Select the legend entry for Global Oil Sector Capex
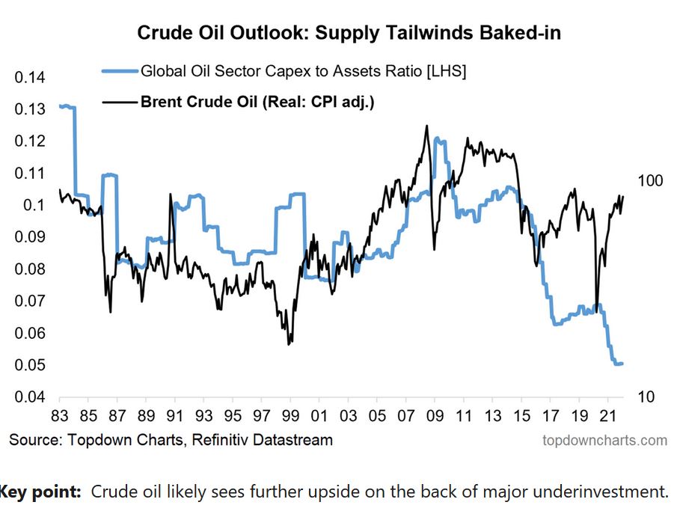tap(304, 71)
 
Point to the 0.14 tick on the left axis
tap(30, 78)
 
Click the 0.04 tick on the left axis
tap(30, 397)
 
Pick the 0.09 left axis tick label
tap(30, 237)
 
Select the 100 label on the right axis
tap(651, 180)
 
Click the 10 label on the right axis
tap(647, 397)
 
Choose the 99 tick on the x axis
tap(290, 414)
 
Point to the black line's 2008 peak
tap(426, 126)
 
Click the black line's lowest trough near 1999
tap(289, 343)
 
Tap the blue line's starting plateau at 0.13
tap(66, 106)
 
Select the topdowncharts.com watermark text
tap(604, 440)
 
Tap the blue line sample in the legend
tap(120, 71)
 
